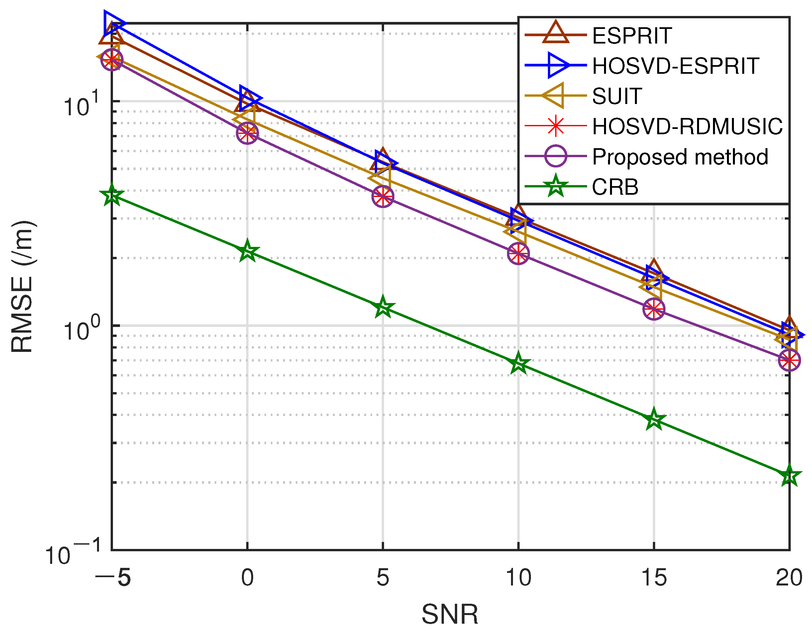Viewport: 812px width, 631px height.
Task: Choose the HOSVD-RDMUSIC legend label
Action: pyautogui.click(x=687, y=126)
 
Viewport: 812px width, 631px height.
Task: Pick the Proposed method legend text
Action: pyautogui.click(x=680, y=157)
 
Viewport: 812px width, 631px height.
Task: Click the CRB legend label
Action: pyautogui.click(x=615, y=187)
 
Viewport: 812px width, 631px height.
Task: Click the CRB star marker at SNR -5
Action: pyautogui.click(x=112, y=195)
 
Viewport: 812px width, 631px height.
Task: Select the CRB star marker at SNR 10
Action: pyautogui.click(x=518, y=363)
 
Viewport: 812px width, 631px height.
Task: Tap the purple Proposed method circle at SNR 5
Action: pyautogui.click(x=383, y=196)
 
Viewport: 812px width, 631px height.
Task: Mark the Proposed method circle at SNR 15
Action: pyautogui.click(x=654, y=309)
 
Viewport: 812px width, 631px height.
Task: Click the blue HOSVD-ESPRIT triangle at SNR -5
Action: pyautogui.click(x=113, y=23)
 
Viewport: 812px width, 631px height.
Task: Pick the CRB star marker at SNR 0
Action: pyautogui.click(x=247, y=251)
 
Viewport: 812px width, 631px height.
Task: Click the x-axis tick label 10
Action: pyautogui.click(x=518, y=578)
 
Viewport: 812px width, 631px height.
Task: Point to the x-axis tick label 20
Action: pyautogui.click(x=789, y=578)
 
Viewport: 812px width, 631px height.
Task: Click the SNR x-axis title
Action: pyautogui.click(x=450, y=614)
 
